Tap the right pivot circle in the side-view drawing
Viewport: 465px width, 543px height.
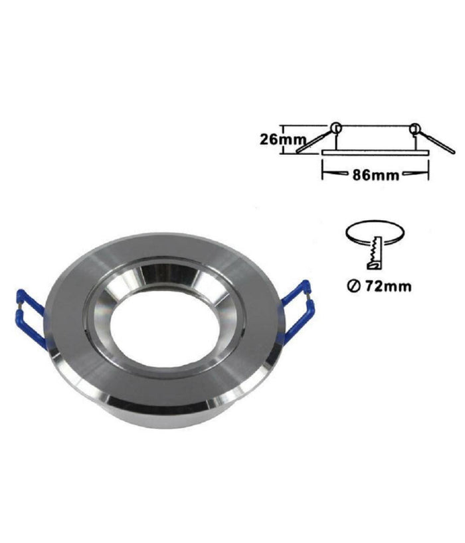pos(415,127)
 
